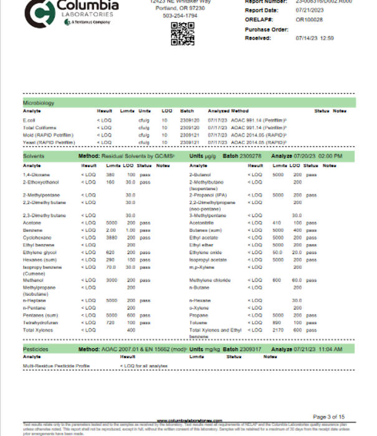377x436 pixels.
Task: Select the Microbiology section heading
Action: [38, 102]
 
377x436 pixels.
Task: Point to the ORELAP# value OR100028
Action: [309, 20]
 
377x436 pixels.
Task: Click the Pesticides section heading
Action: [36, 349]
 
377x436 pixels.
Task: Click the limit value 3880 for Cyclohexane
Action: [112, 237]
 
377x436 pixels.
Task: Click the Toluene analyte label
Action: [198, 323]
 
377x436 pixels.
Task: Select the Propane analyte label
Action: [198, 316]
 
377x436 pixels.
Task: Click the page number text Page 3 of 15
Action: [327, 416]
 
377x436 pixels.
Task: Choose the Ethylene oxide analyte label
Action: [206, 252]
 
